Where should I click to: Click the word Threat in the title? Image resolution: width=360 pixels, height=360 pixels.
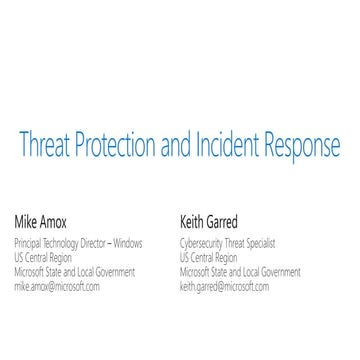click(46, 147)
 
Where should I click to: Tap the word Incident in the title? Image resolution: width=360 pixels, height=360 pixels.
click(237, 147)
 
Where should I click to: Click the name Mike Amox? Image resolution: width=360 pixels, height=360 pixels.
click(39, 219)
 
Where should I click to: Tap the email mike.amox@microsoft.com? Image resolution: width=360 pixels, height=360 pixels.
click(57, 287)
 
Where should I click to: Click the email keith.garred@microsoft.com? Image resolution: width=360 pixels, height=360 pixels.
click(224, 287)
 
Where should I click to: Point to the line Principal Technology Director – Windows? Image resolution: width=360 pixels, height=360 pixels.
click(78, 243)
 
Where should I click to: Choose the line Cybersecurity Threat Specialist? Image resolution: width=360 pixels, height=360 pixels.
click(227, 243)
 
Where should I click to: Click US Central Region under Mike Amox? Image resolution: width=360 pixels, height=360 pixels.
click(41, 257)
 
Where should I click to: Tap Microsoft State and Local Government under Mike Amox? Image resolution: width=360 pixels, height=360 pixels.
click(74, 272)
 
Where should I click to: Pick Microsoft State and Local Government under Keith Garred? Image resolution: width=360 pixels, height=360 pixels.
click(240, 272)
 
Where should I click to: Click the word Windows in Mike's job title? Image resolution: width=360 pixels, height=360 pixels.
click(127, 243)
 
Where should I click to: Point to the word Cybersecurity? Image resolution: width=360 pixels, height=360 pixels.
click(203, 243)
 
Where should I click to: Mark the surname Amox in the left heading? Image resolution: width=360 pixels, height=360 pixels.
click(52, 219)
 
